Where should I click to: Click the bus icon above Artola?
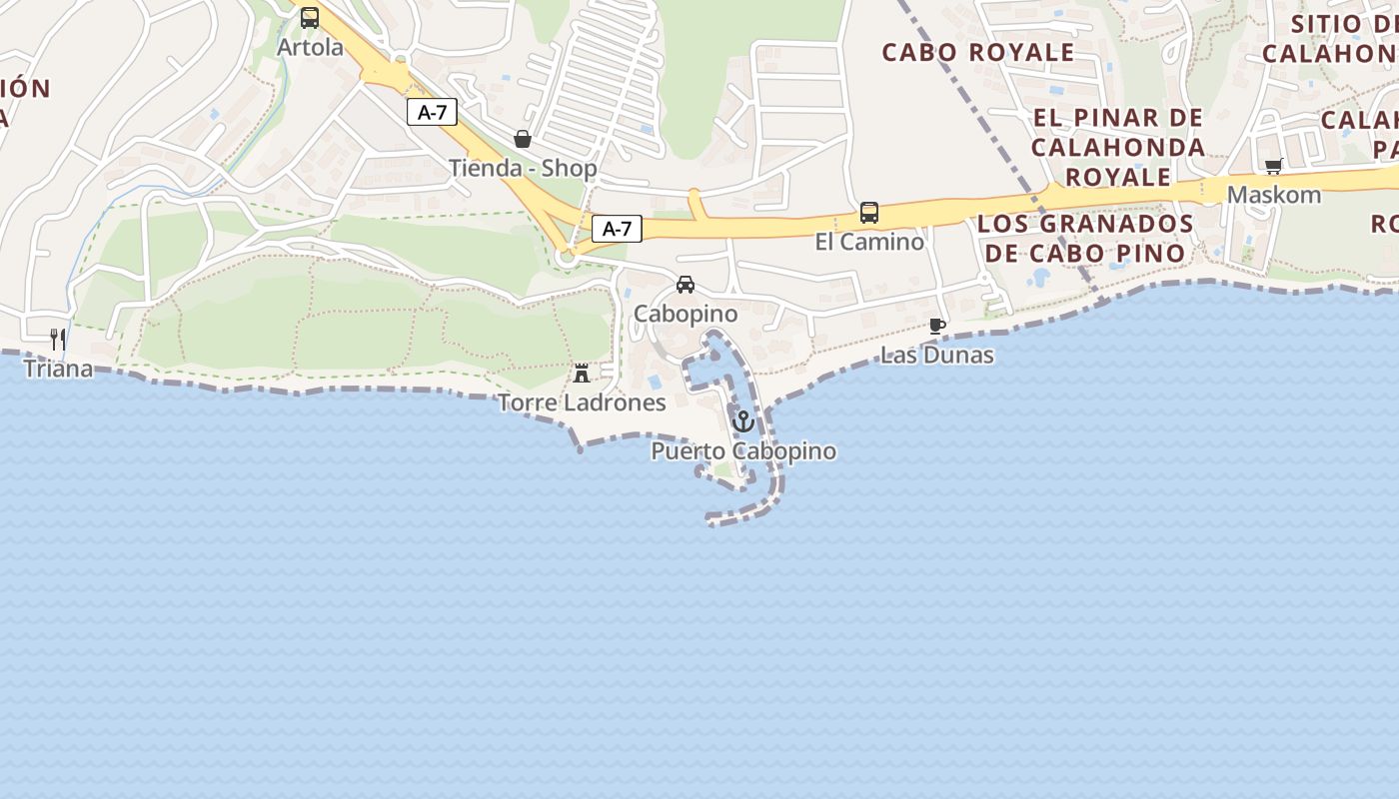(310, 18)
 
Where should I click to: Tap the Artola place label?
(310, 47)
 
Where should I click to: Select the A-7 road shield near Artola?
(432, 113)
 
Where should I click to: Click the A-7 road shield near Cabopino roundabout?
(617, 229)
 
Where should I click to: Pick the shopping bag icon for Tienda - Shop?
(522, 139)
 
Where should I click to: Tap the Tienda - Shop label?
(523, 168)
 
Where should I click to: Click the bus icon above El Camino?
(869, 213)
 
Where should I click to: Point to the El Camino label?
(869, 242)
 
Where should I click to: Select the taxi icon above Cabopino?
(686, 285)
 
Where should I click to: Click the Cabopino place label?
(686, 314)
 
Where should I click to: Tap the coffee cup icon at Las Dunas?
(937, 326)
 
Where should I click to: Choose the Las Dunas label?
(937, 355)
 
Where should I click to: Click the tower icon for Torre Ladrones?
(582, 374)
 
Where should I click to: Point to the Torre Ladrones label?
(582, 402)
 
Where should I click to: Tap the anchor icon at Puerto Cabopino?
(742, 421)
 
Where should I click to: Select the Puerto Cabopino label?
(743, 451)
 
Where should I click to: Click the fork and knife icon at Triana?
(58, 340)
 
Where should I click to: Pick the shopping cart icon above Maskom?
(1273, 166)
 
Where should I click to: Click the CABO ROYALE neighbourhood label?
(978, 52)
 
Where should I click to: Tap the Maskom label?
(1274, 195)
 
